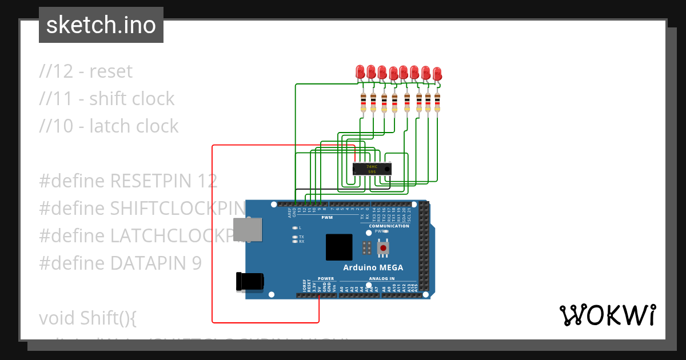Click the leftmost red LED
[x=360, y=71]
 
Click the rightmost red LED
[x=437, y=74]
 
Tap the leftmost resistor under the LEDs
[x=363, y=103]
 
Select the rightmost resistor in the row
[x=437, y=103]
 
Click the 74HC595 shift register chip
[x=372, y=169]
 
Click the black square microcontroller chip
[x=340, y=247]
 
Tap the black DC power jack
[x=250, y=281]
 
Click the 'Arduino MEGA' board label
[x=373, y=267]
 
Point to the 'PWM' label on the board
[x=327, y=218]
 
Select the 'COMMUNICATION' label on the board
[x=389, y=226]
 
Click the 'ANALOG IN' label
[x=382, y=279]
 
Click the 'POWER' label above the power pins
[x=326, y=279]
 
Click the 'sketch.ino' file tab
[x=101, y=25]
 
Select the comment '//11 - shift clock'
[x=107, y=99]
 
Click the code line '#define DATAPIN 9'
[x=120, y=263]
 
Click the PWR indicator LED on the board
[x=386, y=231]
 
